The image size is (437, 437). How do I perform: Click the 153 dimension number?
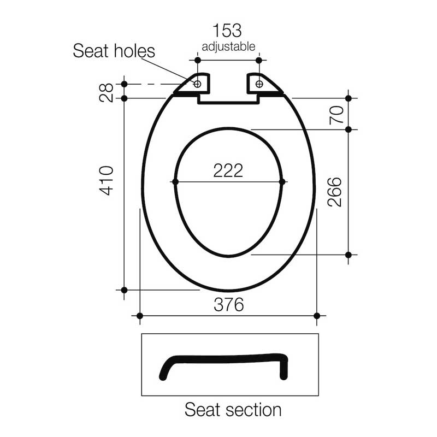click(x=228, y=31)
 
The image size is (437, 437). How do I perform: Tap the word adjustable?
click(x=228, y=46)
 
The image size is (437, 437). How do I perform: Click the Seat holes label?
click(x=114, y=51)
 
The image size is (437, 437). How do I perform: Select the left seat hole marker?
click(x=198, y=84)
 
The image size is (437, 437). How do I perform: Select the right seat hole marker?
click(x=259, y=84)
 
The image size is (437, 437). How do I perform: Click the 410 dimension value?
click(x=107, y=181)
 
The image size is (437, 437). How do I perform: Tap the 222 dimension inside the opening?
click(x=228, y=170)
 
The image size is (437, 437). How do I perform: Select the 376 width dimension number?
click(x=228, y=305)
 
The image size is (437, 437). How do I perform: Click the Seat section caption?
click(x=233, y=410)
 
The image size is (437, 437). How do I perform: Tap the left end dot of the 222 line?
click(x=175, y=181)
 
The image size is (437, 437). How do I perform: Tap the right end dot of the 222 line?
click(x=282, y=181)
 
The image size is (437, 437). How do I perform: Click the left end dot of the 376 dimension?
click(x=140, y=316)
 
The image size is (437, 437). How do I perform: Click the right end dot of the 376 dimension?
click(x=317, y=316)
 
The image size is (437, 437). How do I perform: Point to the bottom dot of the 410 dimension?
click(x=124, y=290)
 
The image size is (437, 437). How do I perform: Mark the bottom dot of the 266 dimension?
click(x=349, y=255)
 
